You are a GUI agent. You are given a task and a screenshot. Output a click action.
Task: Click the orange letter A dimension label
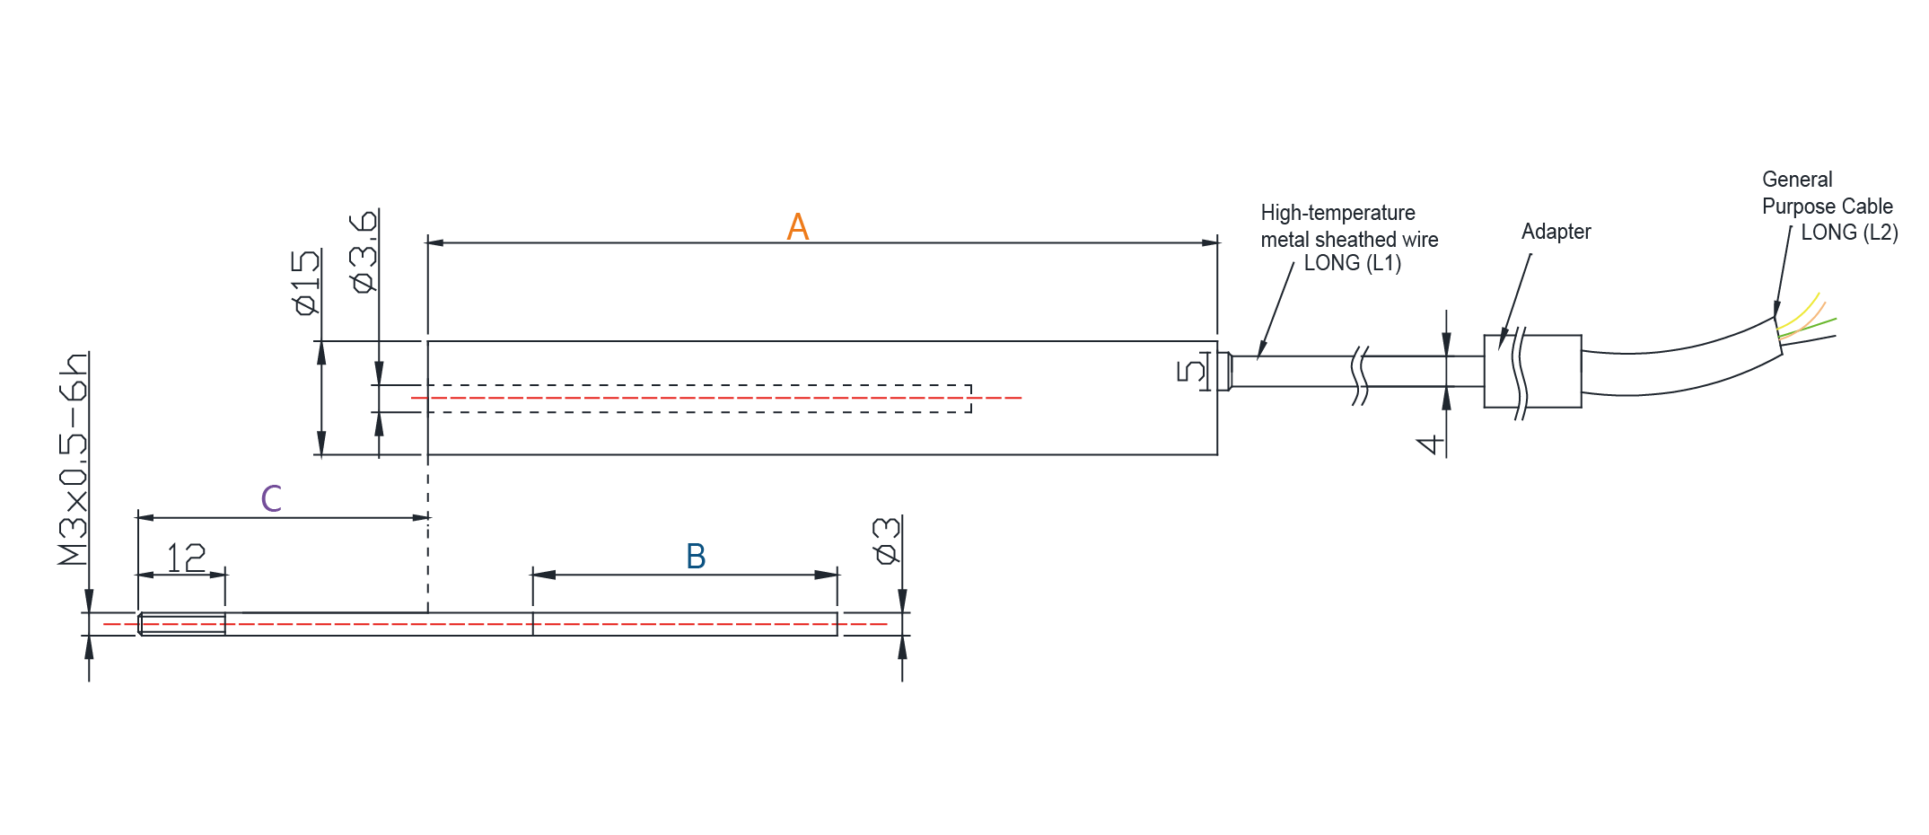797,226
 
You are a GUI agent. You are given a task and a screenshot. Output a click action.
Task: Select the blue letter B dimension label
696,557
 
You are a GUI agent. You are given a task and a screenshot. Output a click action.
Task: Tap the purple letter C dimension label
271,498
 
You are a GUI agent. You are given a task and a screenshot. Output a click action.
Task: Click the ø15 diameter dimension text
306,282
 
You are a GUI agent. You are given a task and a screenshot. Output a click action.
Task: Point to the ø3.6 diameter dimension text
364,252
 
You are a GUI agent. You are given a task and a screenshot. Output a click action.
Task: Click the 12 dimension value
186,558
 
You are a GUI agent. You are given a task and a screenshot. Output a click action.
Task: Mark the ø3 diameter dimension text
886,541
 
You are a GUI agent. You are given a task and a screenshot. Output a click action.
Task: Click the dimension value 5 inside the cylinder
1190,371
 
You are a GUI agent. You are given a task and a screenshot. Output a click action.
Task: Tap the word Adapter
1556,232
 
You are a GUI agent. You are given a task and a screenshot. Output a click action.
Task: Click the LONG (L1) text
1352,263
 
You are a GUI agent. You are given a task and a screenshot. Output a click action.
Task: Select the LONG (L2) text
1849,233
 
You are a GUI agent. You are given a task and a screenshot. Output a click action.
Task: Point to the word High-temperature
1337,213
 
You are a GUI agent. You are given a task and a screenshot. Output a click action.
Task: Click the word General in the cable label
1797,180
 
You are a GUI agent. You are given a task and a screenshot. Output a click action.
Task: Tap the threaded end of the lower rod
182,624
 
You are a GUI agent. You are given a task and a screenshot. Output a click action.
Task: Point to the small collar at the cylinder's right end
1224,371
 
